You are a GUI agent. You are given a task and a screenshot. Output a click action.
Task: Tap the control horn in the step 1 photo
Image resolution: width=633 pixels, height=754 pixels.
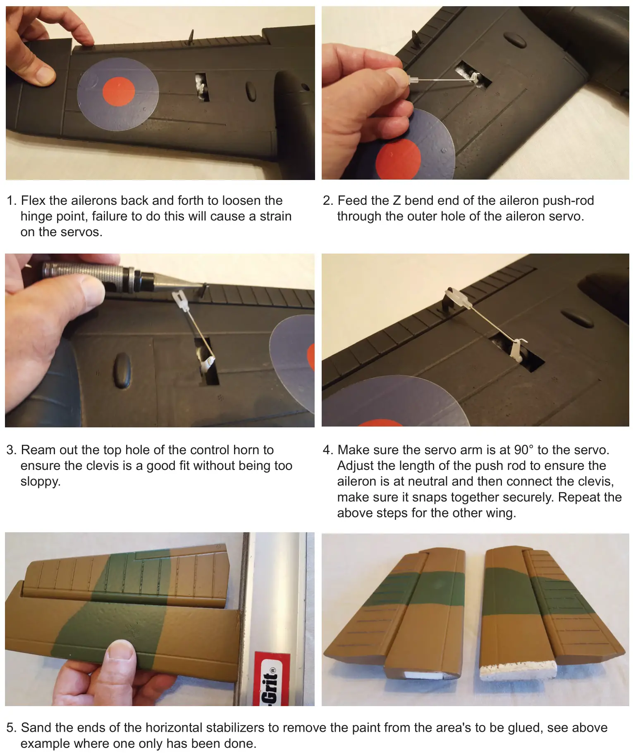tap(191, 37)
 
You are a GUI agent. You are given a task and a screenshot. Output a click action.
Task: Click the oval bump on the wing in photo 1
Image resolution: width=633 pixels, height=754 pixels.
tap(251, 91)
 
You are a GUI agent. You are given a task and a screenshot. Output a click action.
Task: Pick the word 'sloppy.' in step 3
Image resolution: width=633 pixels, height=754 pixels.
tap(41, 482)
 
